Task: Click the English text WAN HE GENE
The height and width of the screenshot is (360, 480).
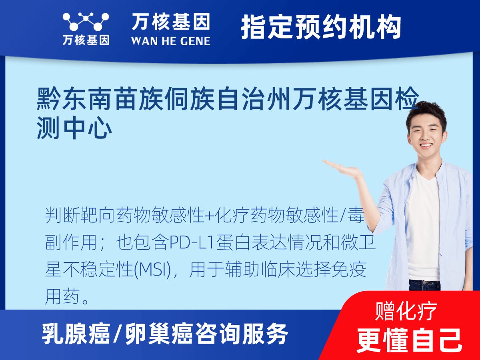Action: coord(170,41)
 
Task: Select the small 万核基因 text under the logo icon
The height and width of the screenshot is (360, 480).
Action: coord(86,40)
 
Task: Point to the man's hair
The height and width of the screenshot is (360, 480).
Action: coord(426,110)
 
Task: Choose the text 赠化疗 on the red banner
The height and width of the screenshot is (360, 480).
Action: coord(406,311)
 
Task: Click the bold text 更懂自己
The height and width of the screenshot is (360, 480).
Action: coord(409,340)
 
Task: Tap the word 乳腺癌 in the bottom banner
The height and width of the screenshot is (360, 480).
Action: coord(76,333)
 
